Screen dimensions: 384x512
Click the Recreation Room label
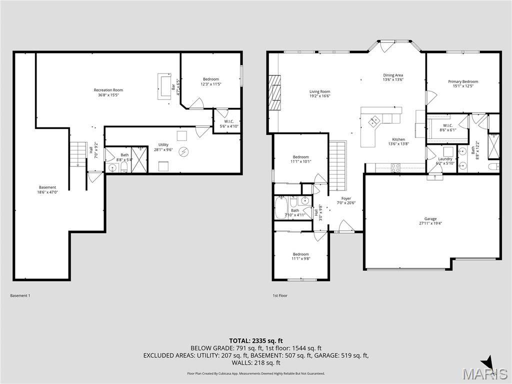(x=108, y=90)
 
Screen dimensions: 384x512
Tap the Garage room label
(x=430, y=219)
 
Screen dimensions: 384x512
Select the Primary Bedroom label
(x=462, y=81)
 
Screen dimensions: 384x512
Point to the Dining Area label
(x=393, y=75)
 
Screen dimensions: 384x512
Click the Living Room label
(x=319, y=91)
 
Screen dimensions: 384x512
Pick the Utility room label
(x=163, y=145)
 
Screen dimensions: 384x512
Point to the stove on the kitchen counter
(x=395, y=168)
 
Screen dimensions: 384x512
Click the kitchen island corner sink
(x=374, y=121)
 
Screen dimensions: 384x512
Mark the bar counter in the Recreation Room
(x=164, y=86)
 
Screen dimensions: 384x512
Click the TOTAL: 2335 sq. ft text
(x=255, y=340)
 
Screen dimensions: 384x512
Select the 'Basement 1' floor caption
(x=20, y=295)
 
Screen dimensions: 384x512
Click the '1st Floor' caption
(x=280, y=295)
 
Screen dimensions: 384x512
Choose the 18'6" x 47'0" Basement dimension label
(x=48, y=192)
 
